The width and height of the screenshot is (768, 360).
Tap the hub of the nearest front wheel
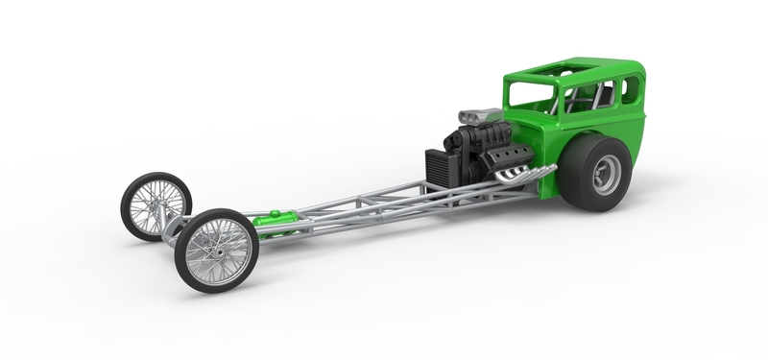click(216, 251)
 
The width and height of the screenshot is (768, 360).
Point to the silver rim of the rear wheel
click(606, 174)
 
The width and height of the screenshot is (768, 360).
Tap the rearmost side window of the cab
click(630, 90)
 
